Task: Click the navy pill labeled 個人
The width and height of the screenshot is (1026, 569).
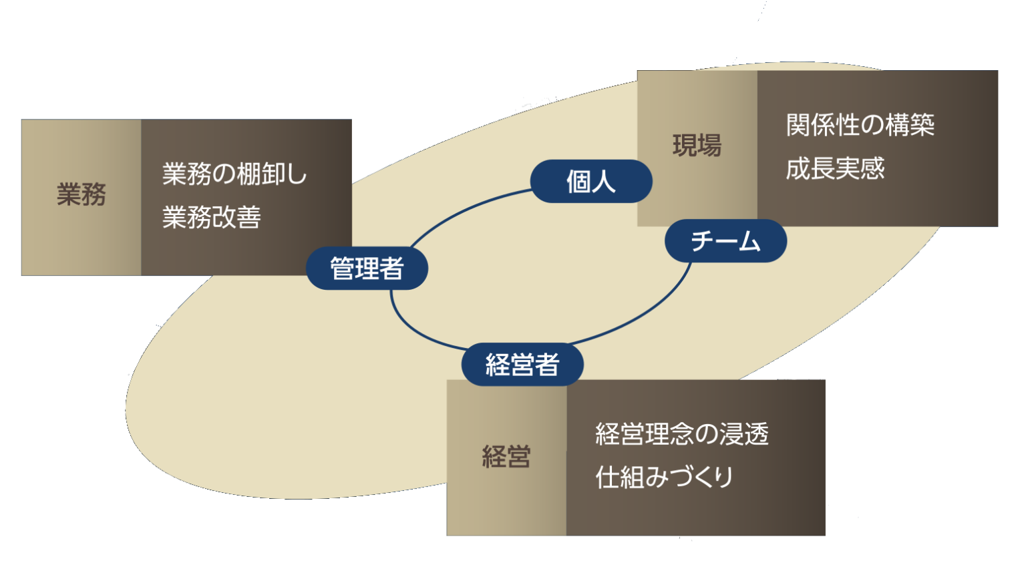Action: point(590,181)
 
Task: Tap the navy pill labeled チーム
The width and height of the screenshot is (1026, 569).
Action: point(725,240)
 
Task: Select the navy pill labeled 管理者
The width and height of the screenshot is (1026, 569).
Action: point(367,268)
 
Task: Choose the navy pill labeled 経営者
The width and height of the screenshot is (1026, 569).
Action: point(522,365)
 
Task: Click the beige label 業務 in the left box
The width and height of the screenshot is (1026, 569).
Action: point(81,195)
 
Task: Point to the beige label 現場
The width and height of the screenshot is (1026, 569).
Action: point(697,146)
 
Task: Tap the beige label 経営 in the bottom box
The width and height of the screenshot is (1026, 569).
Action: point(506,457)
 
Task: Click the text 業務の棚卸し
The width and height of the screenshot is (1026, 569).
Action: point(234,174)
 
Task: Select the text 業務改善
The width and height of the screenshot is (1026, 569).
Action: point(211,218)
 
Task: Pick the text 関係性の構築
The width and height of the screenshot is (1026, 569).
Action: point(860,125)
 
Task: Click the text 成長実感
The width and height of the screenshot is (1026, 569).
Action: point(835,168)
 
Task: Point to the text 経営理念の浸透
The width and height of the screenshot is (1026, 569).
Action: point(682,434)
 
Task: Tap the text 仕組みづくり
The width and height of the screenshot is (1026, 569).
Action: point(665,478)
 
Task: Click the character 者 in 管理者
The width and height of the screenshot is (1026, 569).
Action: point(392,268)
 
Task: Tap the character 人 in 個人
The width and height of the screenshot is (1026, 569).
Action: point(603,181)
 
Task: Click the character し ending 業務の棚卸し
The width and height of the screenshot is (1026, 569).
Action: point(296,174)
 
